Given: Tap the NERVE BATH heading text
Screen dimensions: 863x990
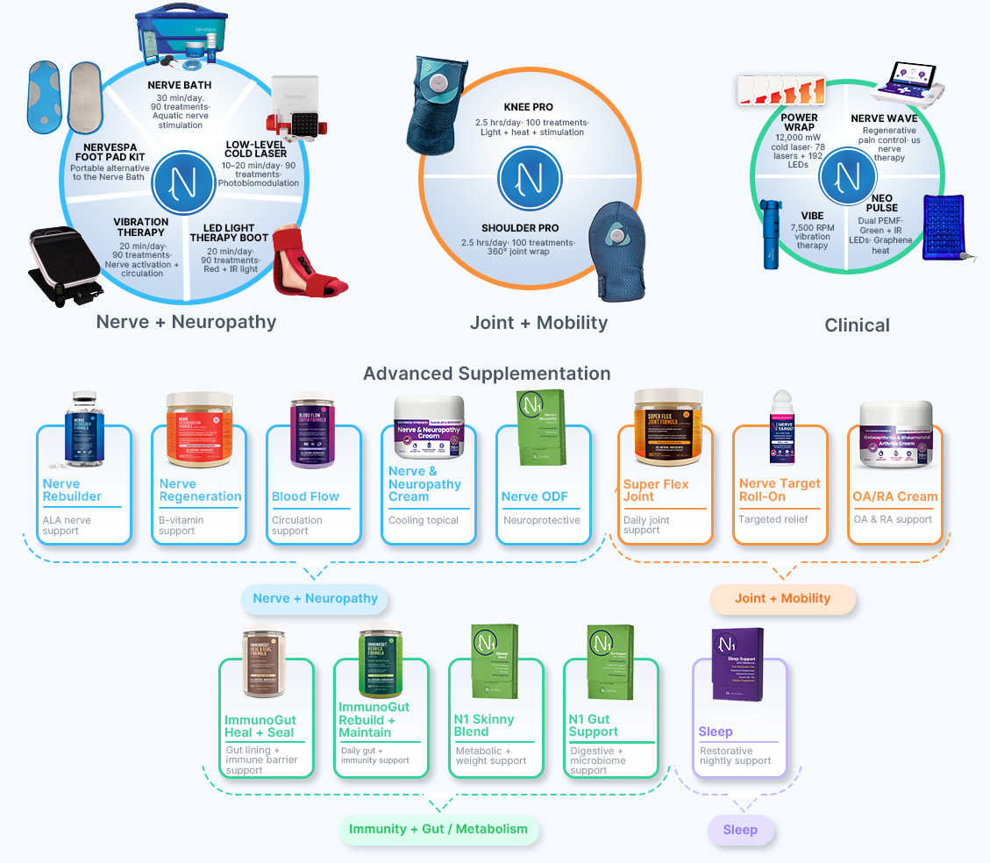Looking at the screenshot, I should pos(180,85).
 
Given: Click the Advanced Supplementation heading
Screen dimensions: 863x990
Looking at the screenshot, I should pos(487,374).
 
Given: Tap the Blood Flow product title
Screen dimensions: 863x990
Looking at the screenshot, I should pos(305,496).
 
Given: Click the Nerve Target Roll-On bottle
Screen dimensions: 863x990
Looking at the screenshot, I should pos(780,428).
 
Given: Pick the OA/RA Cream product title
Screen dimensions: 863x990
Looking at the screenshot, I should pos(894,496).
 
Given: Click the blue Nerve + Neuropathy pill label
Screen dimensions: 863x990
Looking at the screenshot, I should pos(315,599).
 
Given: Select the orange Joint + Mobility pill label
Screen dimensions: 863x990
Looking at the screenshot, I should pos(782,599).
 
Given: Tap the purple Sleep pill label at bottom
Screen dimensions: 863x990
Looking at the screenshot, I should pos(740,830).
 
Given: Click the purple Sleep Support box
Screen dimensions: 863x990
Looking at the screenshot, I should pos(737,665).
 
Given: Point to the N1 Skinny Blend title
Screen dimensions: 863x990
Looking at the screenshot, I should pos(484,725).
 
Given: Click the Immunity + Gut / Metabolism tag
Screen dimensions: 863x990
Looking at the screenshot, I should pos(438,829).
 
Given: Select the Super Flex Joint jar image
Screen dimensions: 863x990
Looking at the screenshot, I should pos(667,428).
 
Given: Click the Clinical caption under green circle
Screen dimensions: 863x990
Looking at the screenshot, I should pos(857,325).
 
